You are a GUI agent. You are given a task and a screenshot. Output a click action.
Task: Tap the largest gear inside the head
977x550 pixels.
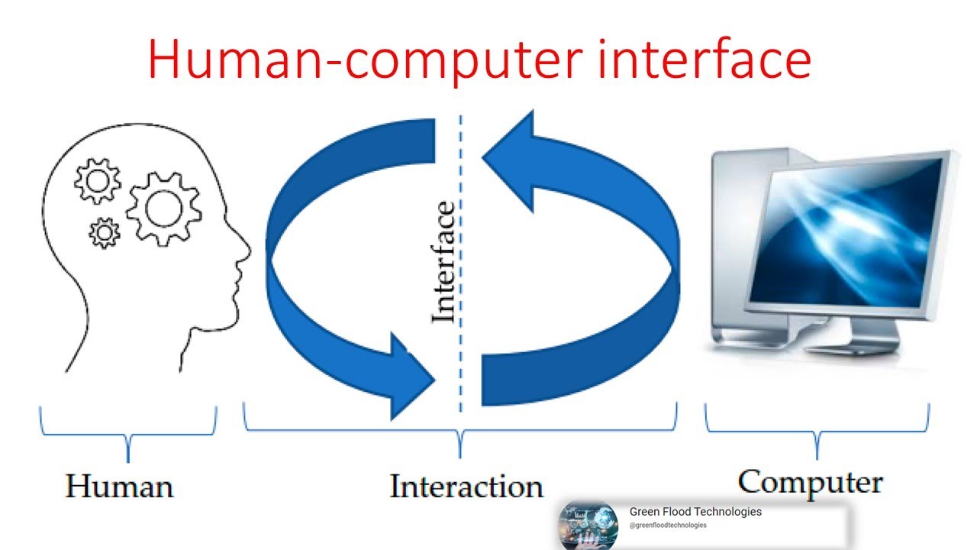163,208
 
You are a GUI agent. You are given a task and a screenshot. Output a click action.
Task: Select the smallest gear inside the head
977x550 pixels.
105,232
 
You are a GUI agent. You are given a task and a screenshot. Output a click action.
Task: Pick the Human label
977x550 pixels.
120,487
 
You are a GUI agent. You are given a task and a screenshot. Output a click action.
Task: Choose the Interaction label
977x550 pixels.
466,487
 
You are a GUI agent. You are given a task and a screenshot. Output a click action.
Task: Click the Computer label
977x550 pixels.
810,483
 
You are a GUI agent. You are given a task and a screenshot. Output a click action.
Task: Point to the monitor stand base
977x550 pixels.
847,348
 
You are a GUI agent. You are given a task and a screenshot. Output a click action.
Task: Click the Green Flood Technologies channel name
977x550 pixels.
695,512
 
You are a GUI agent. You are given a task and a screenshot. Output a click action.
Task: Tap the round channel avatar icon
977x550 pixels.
587,525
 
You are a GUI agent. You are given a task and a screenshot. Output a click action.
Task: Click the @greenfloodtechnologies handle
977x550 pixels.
668,526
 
